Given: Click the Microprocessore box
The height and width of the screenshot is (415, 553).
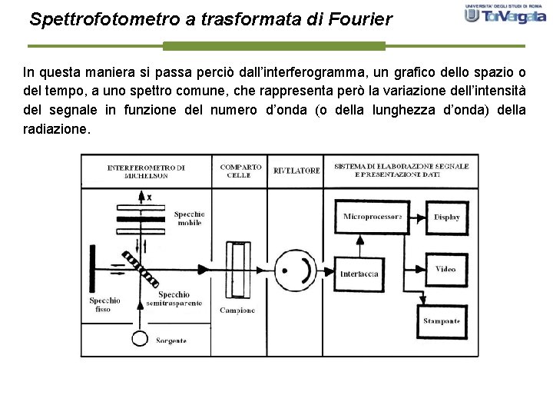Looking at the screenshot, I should (x=373, y=217).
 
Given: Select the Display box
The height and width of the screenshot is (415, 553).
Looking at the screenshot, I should (x=446, y=217).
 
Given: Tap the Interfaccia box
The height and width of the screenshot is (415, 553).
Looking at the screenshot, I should (x=360, y=274).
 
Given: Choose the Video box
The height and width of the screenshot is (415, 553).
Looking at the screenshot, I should (x=445, y=269).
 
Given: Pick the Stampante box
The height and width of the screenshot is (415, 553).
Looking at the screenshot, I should (x=441, y=320).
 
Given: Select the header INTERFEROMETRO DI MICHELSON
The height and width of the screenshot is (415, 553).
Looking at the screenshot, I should (x=146, y=171).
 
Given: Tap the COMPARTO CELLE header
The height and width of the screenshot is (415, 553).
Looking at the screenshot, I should (x=240, y=171).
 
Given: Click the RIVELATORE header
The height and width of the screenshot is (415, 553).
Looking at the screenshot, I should (x=296, y=171).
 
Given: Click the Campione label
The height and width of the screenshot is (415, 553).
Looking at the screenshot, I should (x=238, y=310).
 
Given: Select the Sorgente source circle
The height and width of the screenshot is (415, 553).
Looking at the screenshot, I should (x=140, y=337).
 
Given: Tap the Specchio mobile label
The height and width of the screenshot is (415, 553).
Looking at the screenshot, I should (x=189, y=218).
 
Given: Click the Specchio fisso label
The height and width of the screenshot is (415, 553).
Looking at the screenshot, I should (x=104, y=304).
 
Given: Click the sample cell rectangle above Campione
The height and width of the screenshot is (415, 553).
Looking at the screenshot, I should (x=239, y=271).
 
